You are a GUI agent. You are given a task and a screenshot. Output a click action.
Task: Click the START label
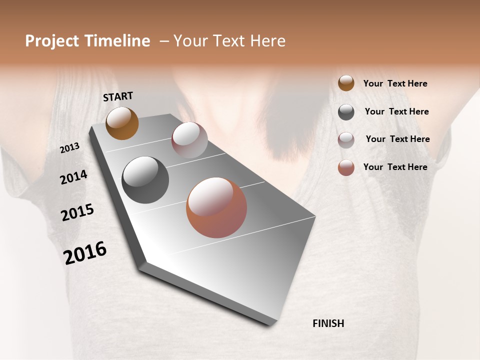[x=118, y=96]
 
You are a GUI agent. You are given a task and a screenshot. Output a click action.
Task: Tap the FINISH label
[x=328, y=323]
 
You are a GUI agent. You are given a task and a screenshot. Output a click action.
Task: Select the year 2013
[x=70, y=148]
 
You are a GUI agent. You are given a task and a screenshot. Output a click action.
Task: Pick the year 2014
[x=73, y=177]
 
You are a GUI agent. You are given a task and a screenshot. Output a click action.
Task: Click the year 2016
[x=85, y=253]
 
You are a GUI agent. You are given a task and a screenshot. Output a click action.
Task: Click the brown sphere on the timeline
[x=122, y=123]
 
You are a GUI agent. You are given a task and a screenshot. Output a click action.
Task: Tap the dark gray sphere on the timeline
[x=145, y=180]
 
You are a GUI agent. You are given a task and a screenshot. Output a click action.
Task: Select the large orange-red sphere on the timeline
[x=216, y=207]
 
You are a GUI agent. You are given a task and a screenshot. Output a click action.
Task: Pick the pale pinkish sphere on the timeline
[x=189, y=140]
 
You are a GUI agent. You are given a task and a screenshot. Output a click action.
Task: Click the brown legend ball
[x=346, y=83]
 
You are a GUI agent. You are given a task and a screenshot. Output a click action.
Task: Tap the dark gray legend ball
[x=346, y=112]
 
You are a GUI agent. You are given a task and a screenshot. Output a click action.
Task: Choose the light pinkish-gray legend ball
[x=346, y=140]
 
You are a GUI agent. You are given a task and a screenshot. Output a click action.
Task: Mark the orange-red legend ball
[x=346, y=167]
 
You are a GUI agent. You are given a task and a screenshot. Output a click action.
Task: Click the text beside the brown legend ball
[x=395, y=84]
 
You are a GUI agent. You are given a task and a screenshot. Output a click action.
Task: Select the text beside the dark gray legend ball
[x=396, y=111]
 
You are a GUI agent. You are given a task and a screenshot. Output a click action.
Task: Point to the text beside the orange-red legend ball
[x=395, y=167]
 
